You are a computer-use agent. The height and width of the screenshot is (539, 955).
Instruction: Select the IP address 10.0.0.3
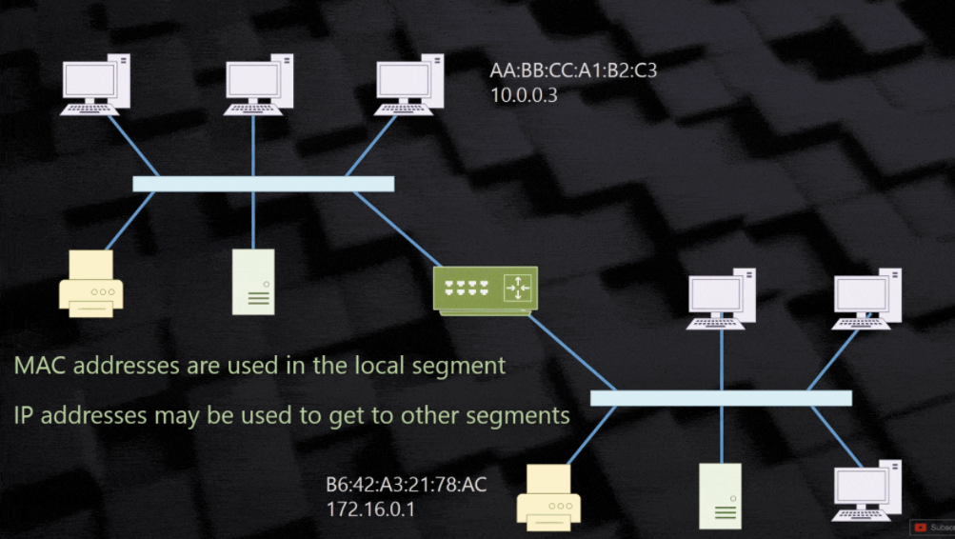522,95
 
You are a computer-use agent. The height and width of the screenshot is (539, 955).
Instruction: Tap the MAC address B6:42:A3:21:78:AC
407,486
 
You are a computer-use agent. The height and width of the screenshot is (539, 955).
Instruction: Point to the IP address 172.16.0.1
371,509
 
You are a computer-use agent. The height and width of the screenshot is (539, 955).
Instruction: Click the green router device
485,289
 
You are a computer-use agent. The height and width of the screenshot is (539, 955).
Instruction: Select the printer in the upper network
91,283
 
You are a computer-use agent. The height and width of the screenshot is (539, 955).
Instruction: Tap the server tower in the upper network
253,282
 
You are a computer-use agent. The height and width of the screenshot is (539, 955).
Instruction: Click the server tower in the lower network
721,495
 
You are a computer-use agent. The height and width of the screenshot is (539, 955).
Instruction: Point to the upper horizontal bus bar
263,184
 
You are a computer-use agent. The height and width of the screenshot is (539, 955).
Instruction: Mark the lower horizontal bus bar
721,398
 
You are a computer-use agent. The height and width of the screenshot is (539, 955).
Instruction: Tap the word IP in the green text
24,415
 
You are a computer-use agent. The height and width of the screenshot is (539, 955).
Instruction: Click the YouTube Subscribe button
933,527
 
